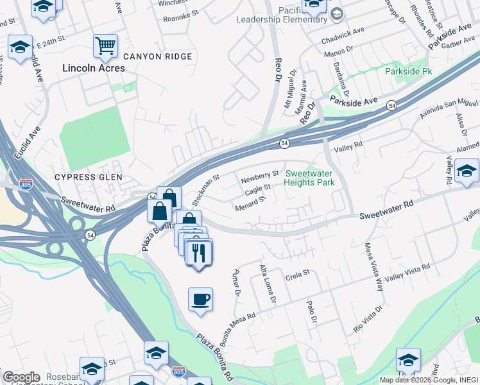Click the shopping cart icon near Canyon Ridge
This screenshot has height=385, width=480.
[x=105, y=46]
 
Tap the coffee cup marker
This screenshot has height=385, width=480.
[x=200, y=299]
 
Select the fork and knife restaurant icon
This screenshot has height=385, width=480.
[x=200, y=252]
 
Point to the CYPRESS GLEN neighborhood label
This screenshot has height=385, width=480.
[x=88, y=176]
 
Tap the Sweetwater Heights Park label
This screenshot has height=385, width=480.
[x=310, y=178]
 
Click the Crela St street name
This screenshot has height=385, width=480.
[x=298, y=273]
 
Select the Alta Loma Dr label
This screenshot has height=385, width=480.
[x=267, y=283]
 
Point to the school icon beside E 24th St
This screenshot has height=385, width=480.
[x=20, y=47]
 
